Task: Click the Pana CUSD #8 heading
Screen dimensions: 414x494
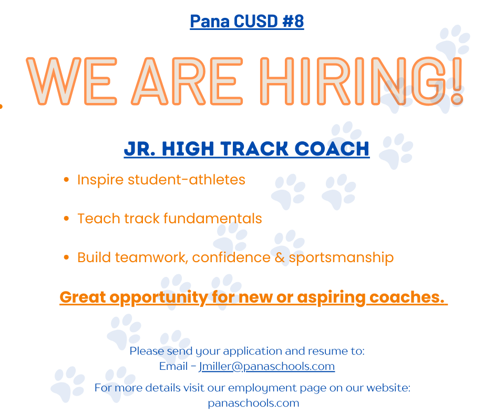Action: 246,22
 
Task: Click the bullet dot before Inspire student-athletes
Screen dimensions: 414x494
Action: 66,180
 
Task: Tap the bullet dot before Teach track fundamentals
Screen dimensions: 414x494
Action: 66,219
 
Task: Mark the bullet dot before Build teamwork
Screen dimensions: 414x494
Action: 66,257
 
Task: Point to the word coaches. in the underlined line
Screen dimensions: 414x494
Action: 407,297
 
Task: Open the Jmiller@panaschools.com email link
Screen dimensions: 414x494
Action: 266,366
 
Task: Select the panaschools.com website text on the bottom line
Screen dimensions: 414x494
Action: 253,403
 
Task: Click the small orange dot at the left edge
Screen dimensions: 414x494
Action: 1,107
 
